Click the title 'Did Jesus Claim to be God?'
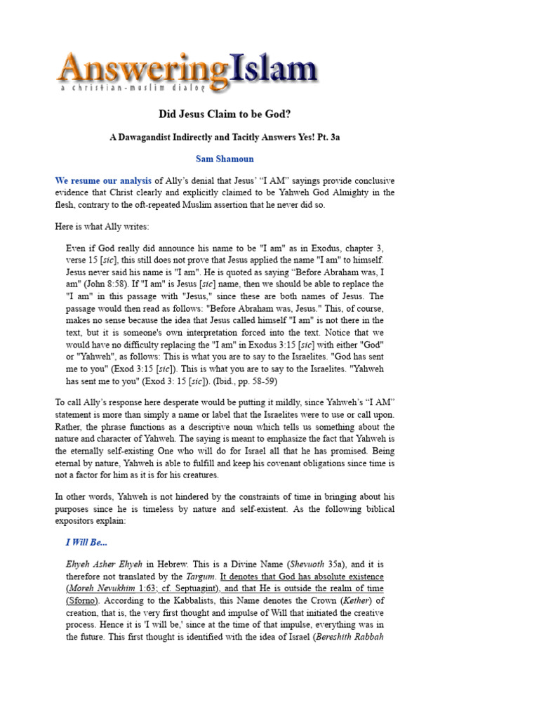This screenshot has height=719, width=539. point(225,114)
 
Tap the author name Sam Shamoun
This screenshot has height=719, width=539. point(225,159)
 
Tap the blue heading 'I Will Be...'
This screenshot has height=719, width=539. point(88,543)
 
